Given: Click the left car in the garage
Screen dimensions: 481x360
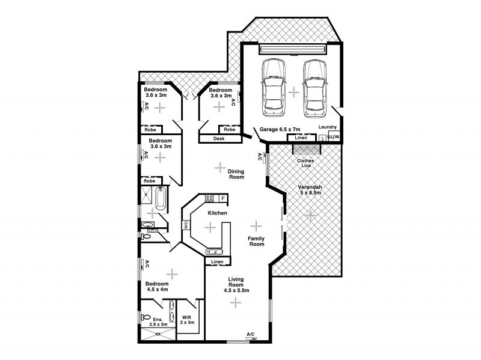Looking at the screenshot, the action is (274, 88).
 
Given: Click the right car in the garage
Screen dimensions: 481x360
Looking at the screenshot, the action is (314, 88).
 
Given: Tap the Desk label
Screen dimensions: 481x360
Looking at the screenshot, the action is (219, 139).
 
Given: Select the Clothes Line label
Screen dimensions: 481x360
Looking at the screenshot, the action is (305, 163).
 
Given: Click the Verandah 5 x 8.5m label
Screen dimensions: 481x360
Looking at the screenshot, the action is (310, 190).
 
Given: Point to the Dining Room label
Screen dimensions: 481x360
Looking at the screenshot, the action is (236, 174).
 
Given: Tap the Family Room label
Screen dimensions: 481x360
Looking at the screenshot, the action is (257, 242).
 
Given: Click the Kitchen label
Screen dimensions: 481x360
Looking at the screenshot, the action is (218, 213).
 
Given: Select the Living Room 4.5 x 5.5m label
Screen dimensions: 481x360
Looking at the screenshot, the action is (236, 284).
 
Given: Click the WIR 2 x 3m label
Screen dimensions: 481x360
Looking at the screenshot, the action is (187, 320).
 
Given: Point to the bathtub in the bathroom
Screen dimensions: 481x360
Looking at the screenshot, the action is (161, 198).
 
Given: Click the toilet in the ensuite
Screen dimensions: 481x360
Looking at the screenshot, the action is (146, 317).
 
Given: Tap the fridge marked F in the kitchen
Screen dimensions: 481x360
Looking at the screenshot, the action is (223, 198).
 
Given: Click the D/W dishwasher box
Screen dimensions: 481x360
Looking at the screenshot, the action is (186, 225).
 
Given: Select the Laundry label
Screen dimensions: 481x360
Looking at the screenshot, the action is (327, 127).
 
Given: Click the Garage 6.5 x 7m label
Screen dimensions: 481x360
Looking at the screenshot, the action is (280, 129).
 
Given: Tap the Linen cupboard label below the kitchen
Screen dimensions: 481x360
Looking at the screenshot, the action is (217, 262).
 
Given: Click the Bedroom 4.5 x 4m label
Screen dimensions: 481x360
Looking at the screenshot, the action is (157, 287).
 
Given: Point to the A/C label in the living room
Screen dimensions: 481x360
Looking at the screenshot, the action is (251, 334).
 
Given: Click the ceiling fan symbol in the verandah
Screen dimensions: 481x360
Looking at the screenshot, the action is (310, 216).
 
